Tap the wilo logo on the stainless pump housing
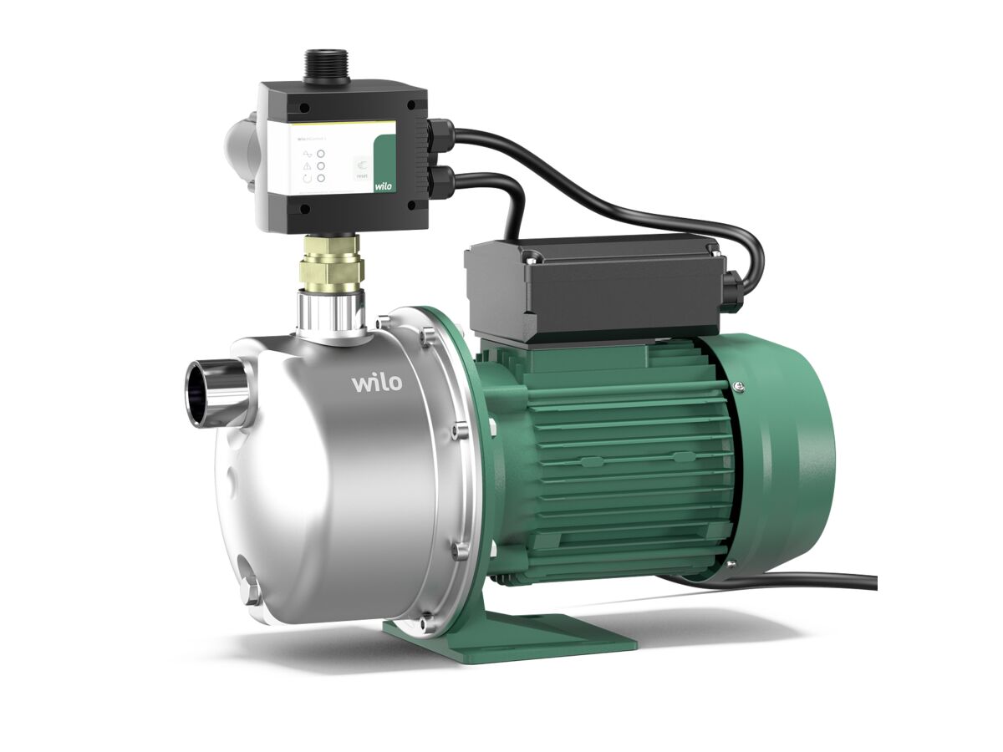(376, 383)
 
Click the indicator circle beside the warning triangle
(321, 165)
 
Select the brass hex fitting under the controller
(332, 265)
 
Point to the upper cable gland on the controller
(440, 134)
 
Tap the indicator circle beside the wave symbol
(321, 151)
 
